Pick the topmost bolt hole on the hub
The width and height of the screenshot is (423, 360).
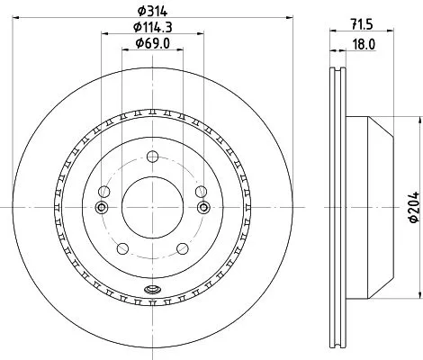(x=149, y=157)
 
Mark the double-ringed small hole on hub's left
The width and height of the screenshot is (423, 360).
(x=102, y=208)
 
